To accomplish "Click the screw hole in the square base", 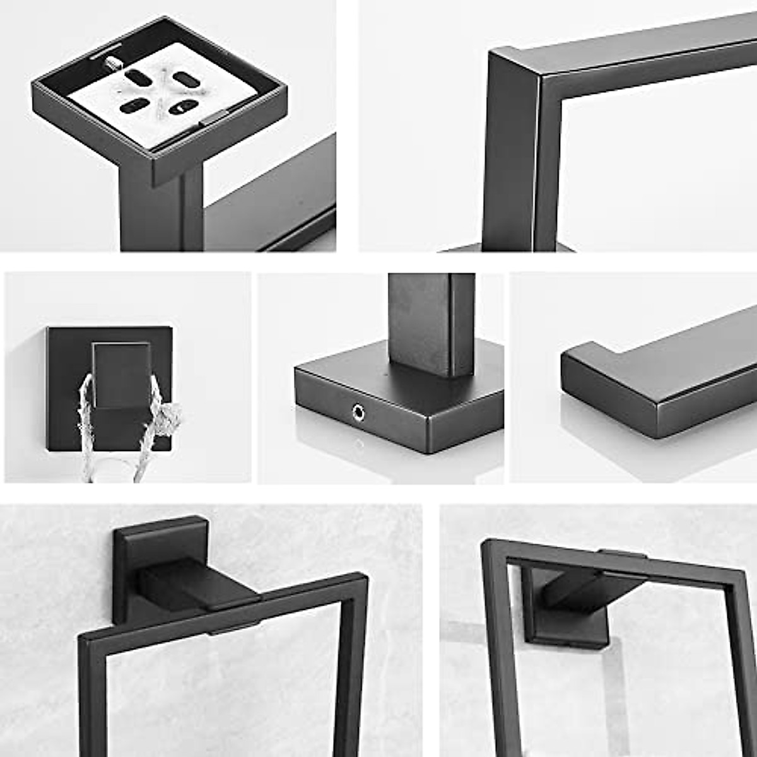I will [358, 413].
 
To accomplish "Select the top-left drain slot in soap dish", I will [138, 78].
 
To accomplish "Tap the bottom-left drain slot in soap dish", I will [134, 106].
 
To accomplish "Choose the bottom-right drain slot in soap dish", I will [183, 107].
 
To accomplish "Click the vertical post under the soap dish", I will [161, 214].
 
